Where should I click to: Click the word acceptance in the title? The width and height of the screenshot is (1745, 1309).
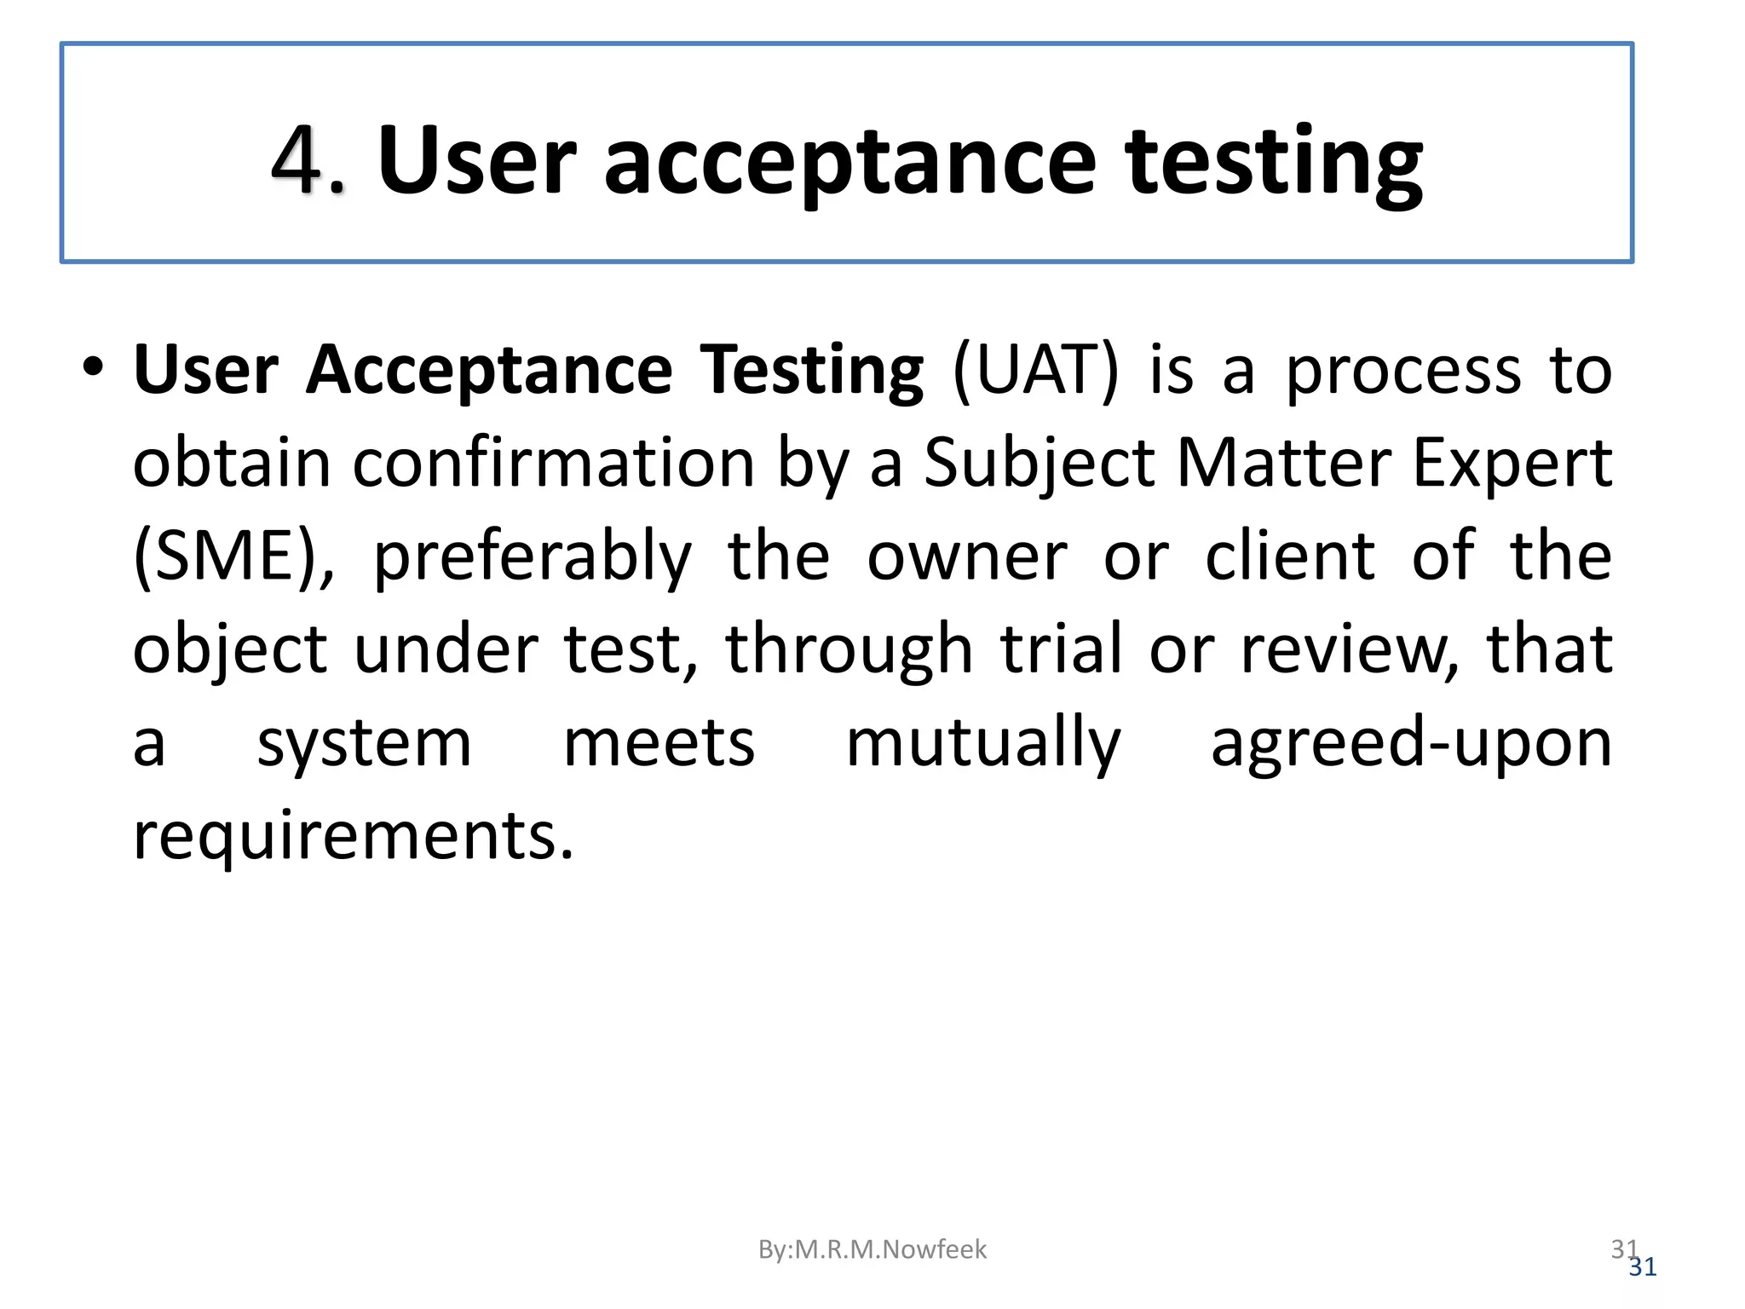click(x=849, y=162)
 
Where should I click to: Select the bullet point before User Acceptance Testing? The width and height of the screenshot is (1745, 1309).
click(x=93, y=368)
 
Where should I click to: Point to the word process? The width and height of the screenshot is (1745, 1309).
click(x=1402, y=371)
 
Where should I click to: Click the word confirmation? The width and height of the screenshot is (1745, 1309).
click(x=554, y=464)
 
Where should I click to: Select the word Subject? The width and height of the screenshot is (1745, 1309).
click(x=1040, y=464)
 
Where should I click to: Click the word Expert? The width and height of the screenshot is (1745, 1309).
click(x=1512, y=464)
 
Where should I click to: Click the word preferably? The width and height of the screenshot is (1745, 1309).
click(x=533, y=556)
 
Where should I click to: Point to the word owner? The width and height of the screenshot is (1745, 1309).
click(x=967, y=556)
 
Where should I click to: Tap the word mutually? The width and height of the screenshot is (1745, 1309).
click(x=983, y=743)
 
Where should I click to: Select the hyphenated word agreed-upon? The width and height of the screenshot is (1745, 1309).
click(x=1411, y=743)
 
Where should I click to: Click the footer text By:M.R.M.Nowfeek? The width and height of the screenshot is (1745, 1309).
click(x=872, y=1249)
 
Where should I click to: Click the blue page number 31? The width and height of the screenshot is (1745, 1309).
click(x=1643, y=1268)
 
